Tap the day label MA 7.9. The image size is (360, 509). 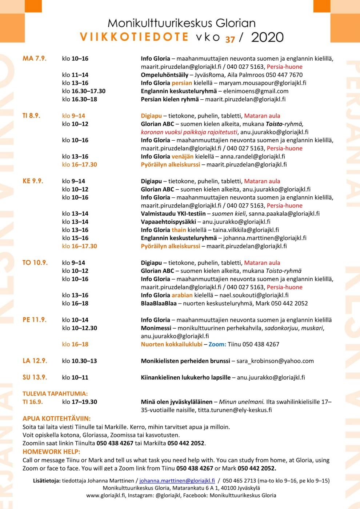[35, 59]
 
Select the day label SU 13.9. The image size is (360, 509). [35, 377]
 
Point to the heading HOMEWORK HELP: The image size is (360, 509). [51, 452]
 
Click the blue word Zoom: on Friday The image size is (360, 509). [217, 344]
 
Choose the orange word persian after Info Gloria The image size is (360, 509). [182, 83]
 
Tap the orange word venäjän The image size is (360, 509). [183, 156]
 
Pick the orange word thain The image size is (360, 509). [179, 230]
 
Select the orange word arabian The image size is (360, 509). [182, 295]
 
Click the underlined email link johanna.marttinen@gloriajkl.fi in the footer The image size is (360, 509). [177, 480]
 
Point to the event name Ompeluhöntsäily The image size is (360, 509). [164, 75]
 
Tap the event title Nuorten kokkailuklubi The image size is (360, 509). [172, 344]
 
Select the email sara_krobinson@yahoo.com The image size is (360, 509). [275, 361]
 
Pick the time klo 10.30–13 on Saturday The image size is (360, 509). [79, 361]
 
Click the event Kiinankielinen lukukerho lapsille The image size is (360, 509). [185, 377]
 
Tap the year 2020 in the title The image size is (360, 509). [267, 37]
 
